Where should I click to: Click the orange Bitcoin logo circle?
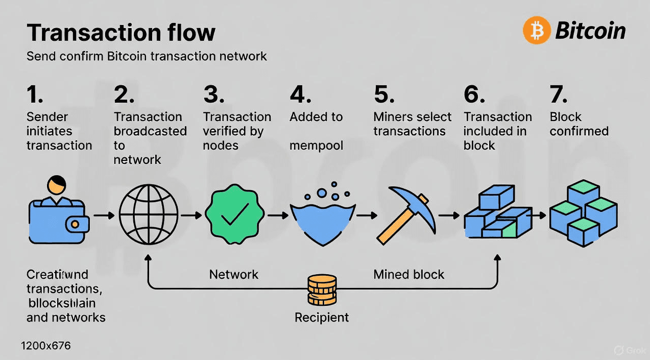[537, 30]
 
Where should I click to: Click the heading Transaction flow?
[121, 33]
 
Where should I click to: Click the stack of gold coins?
[322, 290]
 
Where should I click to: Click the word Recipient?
[322, 317]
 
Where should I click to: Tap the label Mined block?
[408, 274]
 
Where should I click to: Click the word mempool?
[316, 146]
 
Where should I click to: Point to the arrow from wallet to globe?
[104, 216]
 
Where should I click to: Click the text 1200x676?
[46, 346]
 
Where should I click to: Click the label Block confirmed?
[579, 124]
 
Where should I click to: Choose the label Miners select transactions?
[413, 124]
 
